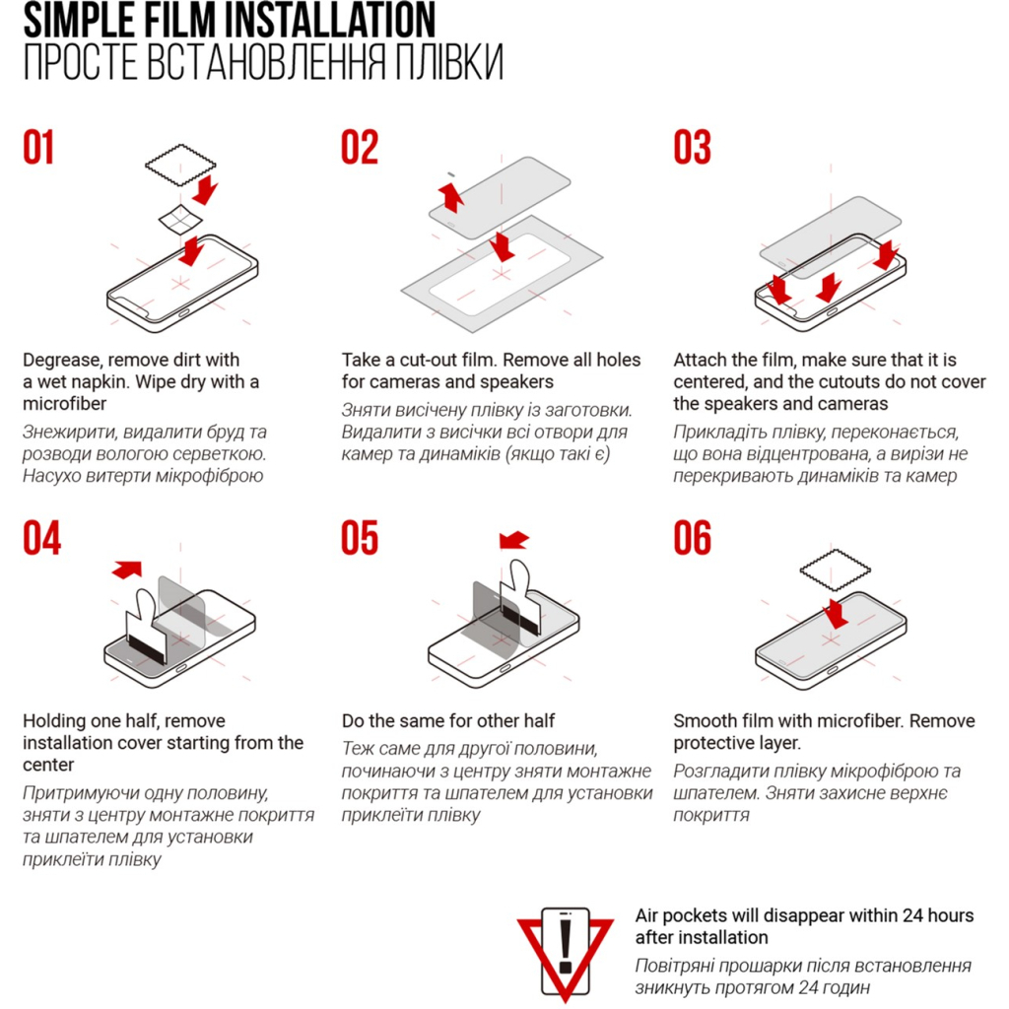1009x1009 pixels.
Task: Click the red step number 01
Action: [x=39, y=148]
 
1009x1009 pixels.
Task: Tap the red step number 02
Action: [x=360, y=148]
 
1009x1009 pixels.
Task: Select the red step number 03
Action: [x=692, y=148]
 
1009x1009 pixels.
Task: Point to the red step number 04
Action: [x=41, y=539]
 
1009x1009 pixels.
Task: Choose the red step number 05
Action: [x=360, y=539]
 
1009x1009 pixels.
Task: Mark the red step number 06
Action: [x=692, y=539]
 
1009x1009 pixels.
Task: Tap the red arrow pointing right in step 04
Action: [x=127, y=569]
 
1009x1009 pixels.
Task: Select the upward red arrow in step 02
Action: [x=452, y=194]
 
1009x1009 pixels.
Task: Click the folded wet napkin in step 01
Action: [x=179, y=221]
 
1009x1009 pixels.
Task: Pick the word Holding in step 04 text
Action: [x=55, y=721]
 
